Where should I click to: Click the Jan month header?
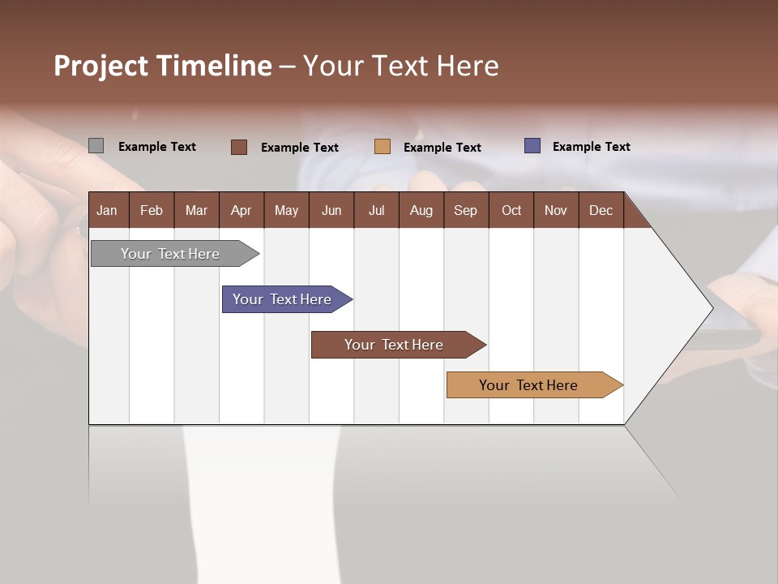(108, 210)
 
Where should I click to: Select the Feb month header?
(152, 210)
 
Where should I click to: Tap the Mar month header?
(196, 210)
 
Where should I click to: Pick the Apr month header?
(242, 210)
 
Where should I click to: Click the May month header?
(286, 210)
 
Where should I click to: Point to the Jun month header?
(331, 210)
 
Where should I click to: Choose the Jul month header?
(376, 210)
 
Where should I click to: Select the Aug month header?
(421, 210)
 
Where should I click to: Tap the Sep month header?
(466, 210)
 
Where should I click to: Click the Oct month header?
(511, 210)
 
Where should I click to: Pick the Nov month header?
(556, 210)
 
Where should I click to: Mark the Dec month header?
(601, 210)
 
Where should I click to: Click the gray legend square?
(96, 146)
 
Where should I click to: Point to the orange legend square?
(383, 147)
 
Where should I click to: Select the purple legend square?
(532, 146)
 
